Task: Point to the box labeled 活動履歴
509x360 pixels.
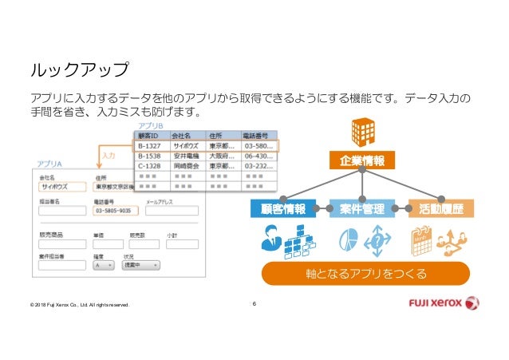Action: pyautogui.click(x=441, y=209)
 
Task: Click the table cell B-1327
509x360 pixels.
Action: pyautogui.click(x=152, y=146)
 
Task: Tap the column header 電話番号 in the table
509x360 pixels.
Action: pyautogui.click(x=255, y=136)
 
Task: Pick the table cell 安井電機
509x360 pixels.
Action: pyautogui.click(x=187, y=156)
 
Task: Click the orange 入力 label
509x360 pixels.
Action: pyautogui.click(x=109, y=156)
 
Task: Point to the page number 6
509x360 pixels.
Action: pyautogui.click(x=254, y=303)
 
